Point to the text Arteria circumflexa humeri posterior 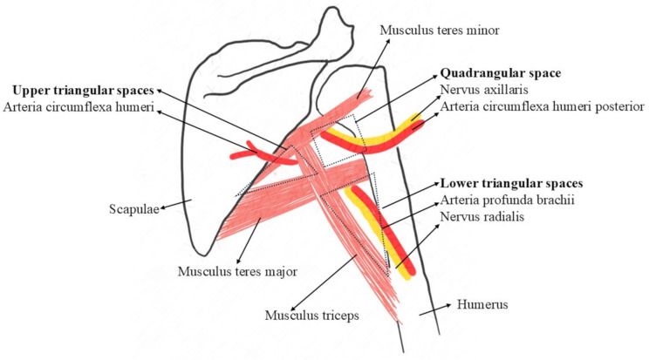tap(542, 105)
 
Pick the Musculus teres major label tap(238, 272)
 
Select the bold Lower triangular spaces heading tap(511, 184)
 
